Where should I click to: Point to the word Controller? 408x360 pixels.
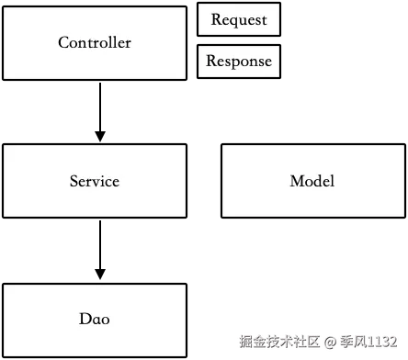click(x=95, y=42)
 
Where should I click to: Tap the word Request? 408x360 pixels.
click(x=239, y=19)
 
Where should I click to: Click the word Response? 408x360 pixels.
click(x=238, y=62)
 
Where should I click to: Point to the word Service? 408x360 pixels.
click(x=95, y=181)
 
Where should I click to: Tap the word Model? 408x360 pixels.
click(x=312, y=181)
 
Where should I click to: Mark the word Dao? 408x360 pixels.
click(x=95, y=319)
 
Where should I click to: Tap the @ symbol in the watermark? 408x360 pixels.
click(x=331, y=342)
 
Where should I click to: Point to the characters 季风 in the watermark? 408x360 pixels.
click(x=352, y=342)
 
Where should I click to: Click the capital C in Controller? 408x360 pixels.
click(x=63, y=43)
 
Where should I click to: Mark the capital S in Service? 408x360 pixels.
click(x=74, y=181)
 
